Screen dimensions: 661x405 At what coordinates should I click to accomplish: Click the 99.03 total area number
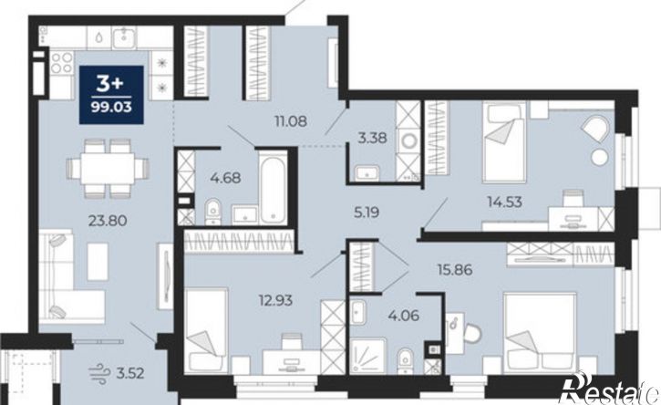(x=112, y=107)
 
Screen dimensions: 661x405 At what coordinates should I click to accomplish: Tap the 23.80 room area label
(x=108, y=220)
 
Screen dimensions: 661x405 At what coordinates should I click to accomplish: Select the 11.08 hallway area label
(x=291, y=121)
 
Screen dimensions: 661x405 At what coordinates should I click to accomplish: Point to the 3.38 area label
(x=372, y=138)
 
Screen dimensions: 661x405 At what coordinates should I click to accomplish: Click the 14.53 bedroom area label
(x=504, y=202)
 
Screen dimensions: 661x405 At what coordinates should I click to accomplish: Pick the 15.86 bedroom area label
(x=455, y=269)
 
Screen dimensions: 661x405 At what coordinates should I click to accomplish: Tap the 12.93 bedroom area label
(x=275, y=301)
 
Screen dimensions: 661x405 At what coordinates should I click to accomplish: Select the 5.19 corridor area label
(x=367, y=213)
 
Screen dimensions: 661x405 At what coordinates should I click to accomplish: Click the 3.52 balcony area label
(x=129, y=373)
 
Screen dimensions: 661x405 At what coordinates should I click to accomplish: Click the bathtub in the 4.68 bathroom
(x=274, y=188)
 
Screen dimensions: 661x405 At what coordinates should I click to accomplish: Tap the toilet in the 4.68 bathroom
(x=212, y=212)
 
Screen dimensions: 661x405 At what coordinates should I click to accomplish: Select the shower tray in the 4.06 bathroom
(x=367, y=356)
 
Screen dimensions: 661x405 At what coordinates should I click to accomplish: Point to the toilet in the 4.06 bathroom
(x=406, y=361)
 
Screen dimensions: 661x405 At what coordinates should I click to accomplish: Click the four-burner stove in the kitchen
(x=62, y=62)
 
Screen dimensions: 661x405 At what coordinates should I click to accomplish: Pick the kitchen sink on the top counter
(x=124, y=37)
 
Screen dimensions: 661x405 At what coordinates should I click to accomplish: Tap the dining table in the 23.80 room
(x=108, y=169)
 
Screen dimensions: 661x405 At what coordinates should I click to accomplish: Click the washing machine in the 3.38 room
(x=408, y=140)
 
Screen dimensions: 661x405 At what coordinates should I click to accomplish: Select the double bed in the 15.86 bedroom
(x=540, y=334)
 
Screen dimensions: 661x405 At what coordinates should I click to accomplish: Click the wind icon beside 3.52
(x=98, y=374)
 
